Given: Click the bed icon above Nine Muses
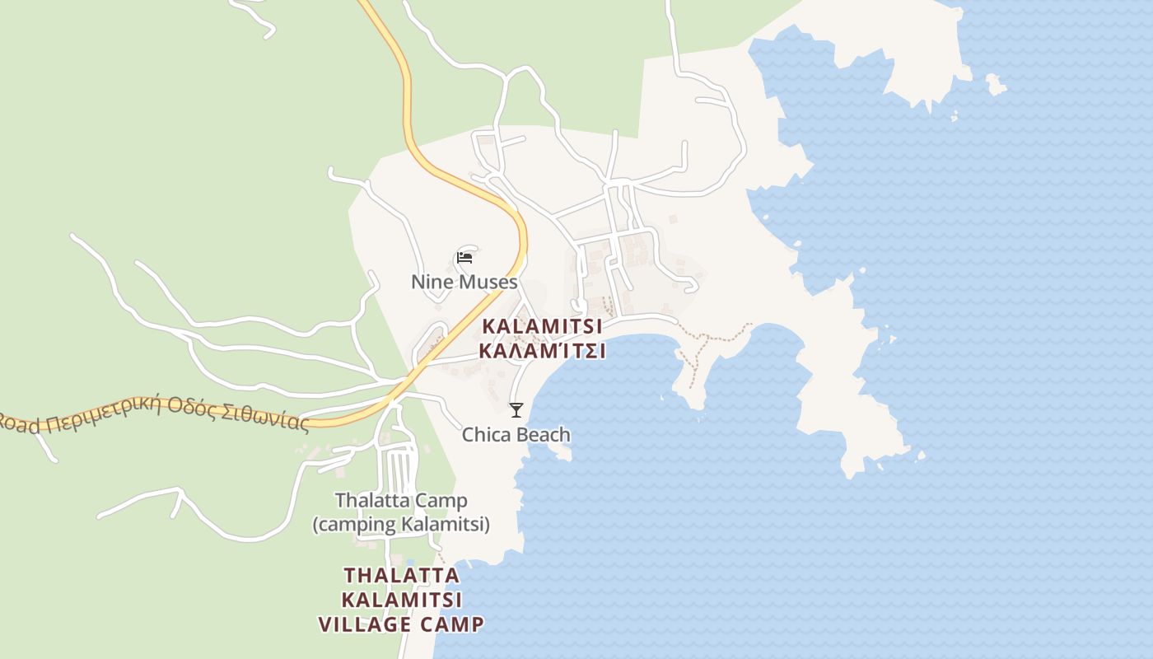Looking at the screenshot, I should click(x=464, y=258).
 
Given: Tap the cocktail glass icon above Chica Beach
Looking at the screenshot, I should click(x=516, y=409).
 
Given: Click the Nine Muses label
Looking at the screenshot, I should click(x=464, y=282).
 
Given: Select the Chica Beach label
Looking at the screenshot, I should click(x=516, y=434).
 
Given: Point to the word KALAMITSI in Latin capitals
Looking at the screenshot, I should click(x=542, y=326).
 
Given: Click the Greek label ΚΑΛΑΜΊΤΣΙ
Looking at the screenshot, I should click(x=542, y=351).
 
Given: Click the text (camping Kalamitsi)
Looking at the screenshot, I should click(x=401, y=524).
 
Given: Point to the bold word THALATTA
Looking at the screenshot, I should click(x=401, y=574).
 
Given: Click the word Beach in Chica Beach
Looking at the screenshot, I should click(x=543, y=434).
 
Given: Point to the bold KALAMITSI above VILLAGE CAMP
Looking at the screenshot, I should click(x=401, y=599).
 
